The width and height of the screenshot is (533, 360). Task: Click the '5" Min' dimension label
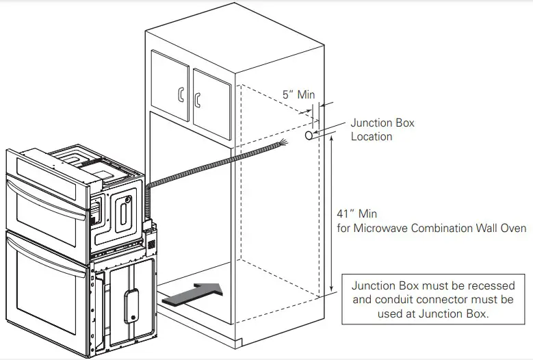[x=299, y=94]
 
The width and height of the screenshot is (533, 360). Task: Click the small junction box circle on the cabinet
[x=309, y=137]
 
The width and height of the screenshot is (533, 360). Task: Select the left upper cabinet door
[x=169, y=86]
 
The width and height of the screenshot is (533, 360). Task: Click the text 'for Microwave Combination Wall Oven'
[x=434, y=228]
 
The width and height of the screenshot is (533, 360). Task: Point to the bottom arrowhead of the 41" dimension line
[x=331, y=292]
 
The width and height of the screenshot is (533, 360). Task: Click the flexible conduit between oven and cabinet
[x=205, y=168]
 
